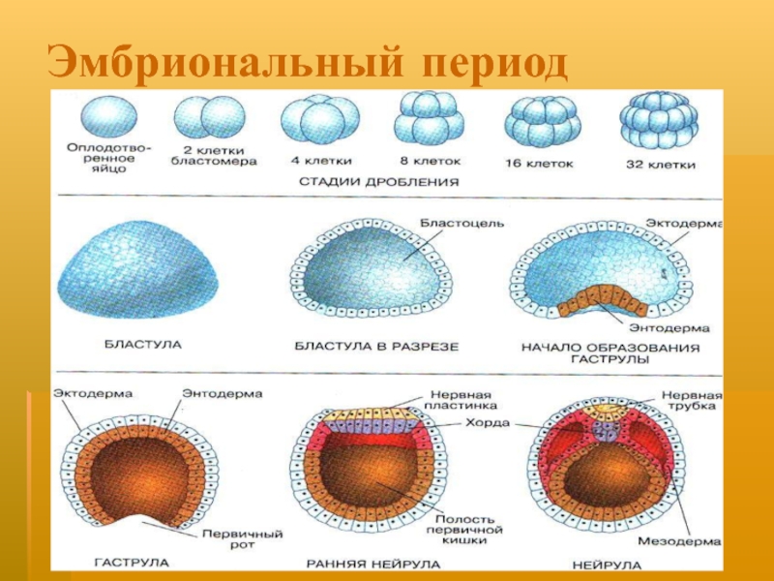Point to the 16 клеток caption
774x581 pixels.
point(534,164)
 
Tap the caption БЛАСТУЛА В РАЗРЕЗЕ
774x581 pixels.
point(376,345)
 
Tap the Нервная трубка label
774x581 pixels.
point(688,399)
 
